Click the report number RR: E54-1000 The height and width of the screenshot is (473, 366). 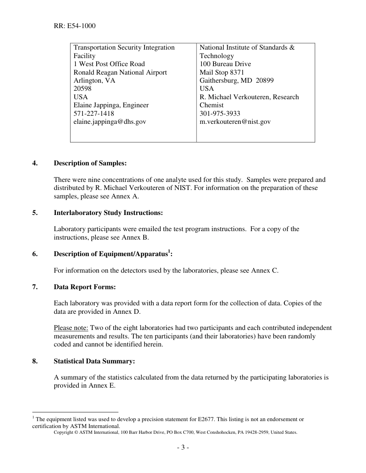(75, 26)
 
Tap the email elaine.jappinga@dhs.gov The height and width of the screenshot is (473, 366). (110, 122)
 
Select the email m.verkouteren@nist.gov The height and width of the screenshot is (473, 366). (235, 122)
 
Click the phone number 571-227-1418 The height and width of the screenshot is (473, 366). (94, 113)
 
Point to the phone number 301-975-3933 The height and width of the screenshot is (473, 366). (220, 113)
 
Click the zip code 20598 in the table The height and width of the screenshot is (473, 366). (82, 89)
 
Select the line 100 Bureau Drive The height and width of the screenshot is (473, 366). (225, 64)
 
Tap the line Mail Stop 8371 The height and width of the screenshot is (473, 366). (222, 72)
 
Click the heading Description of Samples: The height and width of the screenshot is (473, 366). (90, 163)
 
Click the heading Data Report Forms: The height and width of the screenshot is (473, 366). (85, 287)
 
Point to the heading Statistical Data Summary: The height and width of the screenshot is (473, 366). (94, 361)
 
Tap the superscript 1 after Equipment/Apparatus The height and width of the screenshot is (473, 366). (169, 251)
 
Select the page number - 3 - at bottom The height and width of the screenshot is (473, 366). (183, 447)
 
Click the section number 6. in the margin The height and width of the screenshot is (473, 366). (35, 254)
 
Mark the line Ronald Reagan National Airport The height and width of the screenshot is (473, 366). (120, 72)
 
